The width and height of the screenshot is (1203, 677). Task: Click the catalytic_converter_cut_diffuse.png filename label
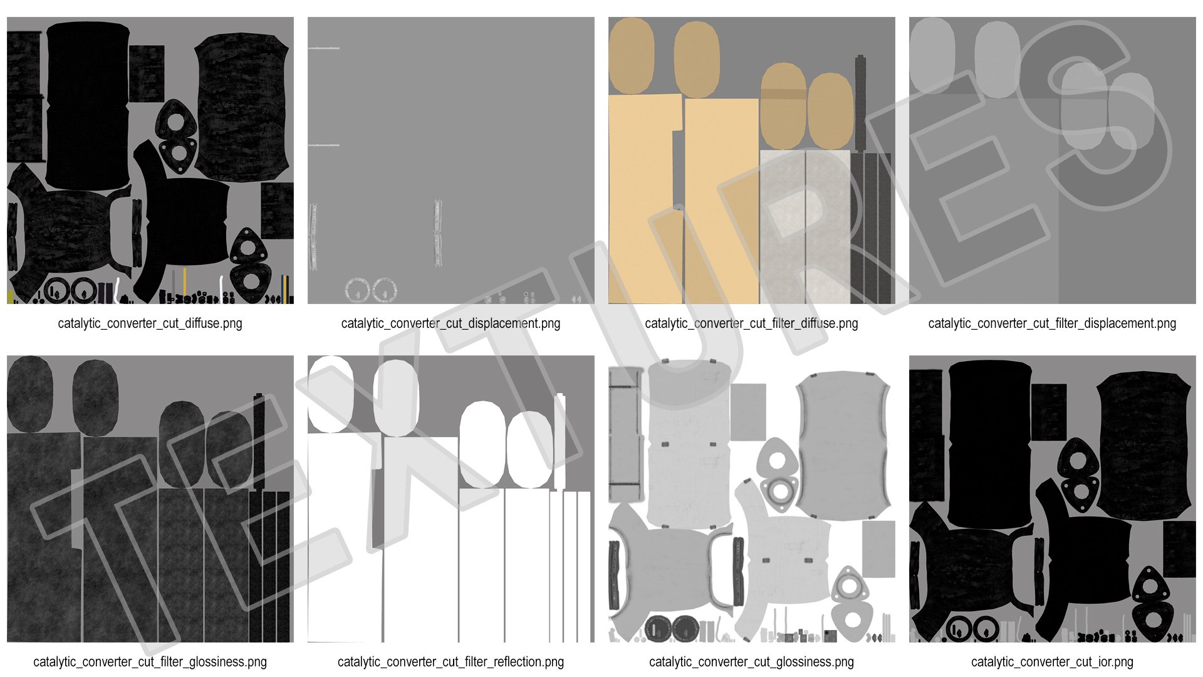click(150, 323)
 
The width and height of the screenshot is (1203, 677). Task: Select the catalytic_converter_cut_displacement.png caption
click(450, 323)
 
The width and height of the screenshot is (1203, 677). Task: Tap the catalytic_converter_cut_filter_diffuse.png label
click(751, 323)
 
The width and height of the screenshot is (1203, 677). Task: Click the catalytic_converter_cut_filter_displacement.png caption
click(1052, 323)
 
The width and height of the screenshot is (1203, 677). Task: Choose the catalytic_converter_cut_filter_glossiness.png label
click(150, 662)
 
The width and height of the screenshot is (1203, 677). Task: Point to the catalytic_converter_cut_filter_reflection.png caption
click(450, 662)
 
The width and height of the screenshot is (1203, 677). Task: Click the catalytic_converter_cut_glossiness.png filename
click(751, 662)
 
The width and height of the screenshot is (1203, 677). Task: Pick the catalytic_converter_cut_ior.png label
click(1052, 662)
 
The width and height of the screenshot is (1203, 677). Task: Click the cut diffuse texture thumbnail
click(150, 160)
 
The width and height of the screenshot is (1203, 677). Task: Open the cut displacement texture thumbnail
click(450, 160)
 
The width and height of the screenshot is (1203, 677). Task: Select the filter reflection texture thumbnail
click(450, 499)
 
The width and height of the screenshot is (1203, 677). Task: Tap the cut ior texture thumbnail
click(1052, 499)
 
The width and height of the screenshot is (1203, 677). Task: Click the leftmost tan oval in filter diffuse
click(632, 56)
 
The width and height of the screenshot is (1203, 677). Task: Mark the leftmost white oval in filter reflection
click(331, 394)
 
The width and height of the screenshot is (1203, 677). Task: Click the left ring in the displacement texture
click(358, 290)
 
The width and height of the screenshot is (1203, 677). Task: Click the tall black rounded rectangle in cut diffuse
click(87, 105)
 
